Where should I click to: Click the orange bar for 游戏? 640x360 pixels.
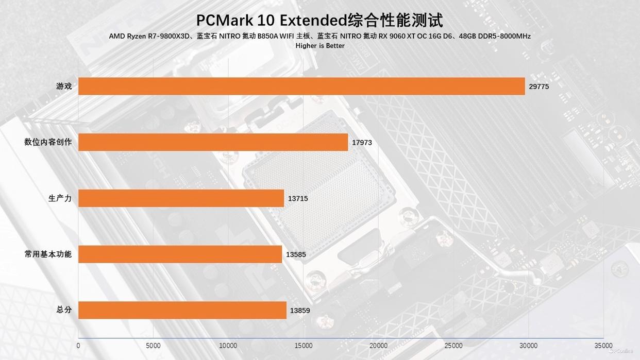coord(301,86)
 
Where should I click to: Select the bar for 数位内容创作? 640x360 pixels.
coord(213,142)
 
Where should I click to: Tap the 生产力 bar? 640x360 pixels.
coord(181,198)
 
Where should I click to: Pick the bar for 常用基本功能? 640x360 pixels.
coord(180,254)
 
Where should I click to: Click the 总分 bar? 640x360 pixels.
coord(182,310)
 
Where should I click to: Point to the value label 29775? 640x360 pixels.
coord(539,87)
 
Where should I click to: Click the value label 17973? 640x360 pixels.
coord(362,143)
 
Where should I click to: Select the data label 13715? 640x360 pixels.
coord(298,198)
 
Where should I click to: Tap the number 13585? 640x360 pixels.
coord(296,254)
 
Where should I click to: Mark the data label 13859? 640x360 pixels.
coord(300,311)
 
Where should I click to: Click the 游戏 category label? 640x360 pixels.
coord(64,86)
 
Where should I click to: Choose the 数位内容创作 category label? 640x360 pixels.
coord(48,142)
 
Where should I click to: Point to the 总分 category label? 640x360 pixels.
coord(64,310)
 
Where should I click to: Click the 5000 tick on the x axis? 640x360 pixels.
coord(153,346)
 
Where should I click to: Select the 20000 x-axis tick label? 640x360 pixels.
coord(378,346)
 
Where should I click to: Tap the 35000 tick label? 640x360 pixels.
coord(603,346)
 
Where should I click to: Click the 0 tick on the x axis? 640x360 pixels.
coord(78,346)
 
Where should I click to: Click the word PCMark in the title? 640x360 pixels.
coord(227,21)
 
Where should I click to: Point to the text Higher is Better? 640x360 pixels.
coord(320,46)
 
